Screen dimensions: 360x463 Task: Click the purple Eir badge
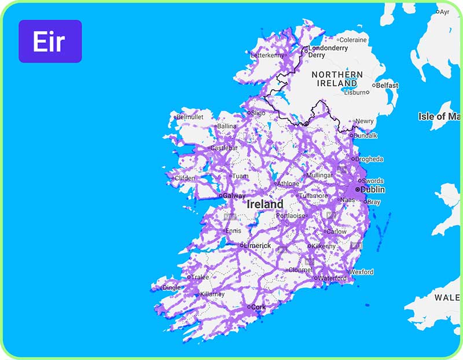50,41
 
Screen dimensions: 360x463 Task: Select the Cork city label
258,307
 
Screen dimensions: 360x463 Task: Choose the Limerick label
257,245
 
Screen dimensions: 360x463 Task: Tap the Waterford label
333,278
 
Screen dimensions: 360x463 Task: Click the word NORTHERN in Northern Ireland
337,75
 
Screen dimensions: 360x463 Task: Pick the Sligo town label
258,113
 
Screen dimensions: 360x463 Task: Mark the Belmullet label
190,117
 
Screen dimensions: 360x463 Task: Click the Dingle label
171,287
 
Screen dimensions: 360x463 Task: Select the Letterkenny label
268,56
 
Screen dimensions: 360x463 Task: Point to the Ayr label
444,12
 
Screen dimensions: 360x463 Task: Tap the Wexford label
362,271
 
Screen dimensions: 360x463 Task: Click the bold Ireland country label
265,204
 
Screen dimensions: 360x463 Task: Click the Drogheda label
370,159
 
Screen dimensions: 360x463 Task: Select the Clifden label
185,178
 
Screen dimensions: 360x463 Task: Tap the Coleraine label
353,40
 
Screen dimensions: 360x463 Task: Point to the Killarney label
212,294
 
